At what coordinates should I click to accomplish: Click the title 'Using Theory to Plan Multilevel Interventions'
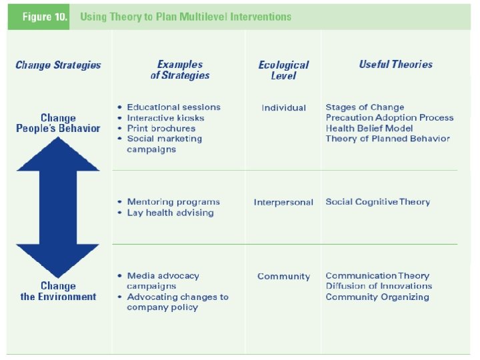click(x=185, y=17)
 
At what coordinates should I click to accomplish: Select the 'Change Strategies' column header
click(x=58, y=65)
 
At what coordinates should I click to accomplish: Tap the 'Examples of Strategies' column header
click(x=179, y=70)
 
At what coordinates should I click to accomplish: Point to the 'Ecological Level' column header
click(x=283, y=70)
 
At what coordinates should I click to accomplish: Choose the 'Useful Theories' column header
click(x=395, y=65)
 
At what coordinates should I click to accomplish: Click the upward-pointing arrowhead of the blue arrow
click(x=57, y=154)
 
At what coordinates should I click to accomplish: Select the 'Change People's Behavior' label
click(x=58, y=123)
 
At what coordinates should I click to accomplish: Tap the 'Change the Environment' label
click(x=58, y=291)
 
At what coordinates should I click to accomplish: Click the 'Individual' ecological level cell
click(x=283, y=108)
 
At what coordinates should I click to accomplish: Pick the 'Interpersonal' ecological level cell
click(x=283, y=203)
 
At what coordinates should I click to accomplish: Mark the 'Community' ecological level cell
click(x=283, y=277)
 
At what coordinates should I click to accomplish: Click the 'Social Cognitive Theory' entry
click(x=377, y=202)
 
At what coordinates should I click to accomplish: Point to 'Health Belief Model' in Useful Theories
click(x=369, y=128)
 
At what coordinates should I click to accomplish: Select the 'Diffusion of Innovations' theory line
click(x=378, y=286)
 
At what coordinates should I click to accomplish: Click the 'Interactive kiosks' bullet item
click(x=165, y=118)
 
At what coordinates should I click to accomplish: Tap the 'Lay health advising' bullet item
click(x=170, y=213)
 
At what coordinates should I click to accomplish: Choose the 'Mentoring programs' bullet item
click(x=173, y=202)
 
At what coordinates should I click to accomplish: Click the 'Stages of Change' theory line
click(x=364, y=107)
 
